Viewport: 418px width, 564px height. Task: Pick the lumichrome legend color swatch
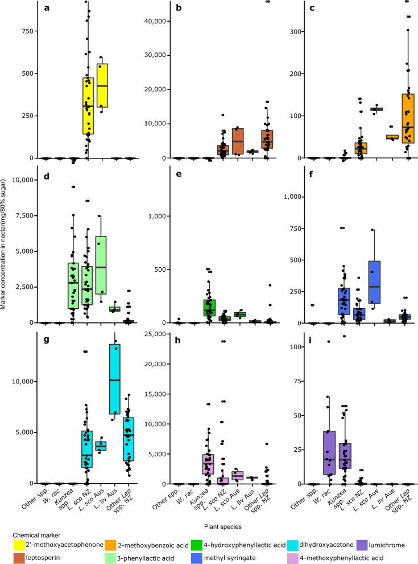[364, 545]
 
